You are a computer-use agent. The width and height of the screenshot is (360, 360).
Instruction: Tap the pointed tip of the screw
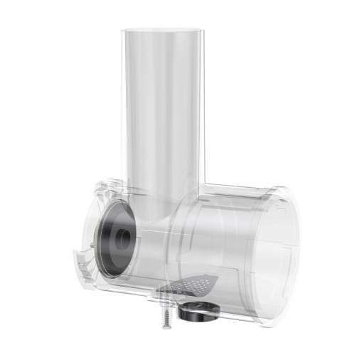(x=166, y=327)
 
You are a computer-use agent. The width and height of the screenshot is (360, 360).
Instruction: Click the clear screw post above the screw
(x=164, y=292)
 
